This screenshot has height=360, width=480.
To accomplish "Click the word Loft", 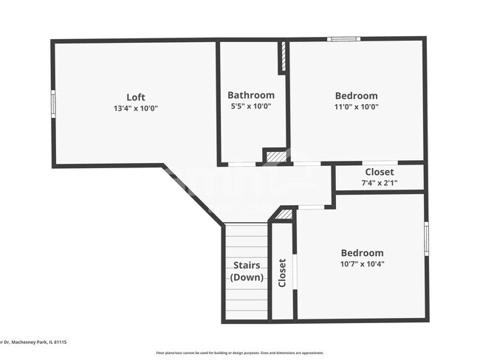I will click(x=135, y=97).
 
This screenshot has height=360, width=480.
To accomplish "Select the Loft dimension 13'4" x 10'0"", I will click(x=135, y=108).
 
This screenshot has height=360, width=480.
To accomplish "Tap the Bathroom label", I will click(x=250, y=95).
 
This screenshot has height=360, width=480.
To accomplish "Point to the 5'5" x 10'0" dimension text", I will click(x=250, y=106).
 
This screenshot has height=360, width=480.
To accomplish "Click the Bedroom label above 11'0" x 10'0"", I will click(x=356, y=95).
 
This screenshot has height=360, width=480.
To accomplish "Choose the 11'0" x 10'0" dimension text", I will click(x=356, y=107).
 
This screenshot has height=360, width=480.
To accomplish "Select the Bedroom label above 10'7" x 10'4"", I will click(x=362, y=252).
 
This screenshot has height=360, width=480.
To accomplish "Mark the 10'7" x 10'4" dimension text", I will click(x=362, y=264).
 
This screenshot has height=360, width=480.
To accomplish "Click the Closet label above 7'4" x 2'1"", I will click(x=380, y=172).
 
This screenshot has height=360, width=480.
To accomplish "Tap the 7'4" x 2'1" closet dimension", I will click(x=380, y=183).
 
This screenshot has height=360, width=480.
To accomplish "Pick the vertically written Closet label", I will click(x=282, y=272).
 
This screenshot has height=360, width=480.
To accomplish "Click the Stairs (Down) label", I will click(x=247, y=271).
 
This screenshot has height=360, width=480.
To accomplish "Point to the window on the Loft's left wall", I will click(x=52, y=103).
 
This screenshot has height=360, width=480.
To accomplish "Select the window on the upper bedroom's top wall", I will click(x=343, y=38).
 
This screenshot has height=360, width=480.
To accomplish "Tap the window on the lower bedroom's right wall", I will click(x=426, y=238).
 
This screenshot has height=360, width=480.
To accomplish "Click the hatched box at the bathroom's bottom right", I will click(x=275, y=156).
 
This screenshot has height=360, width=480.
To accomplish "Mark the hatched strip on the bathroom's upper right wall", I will click(x=282, y=57).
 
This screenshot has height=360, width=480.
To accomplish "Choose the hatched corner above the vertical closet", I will click(x=284, y=215).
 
